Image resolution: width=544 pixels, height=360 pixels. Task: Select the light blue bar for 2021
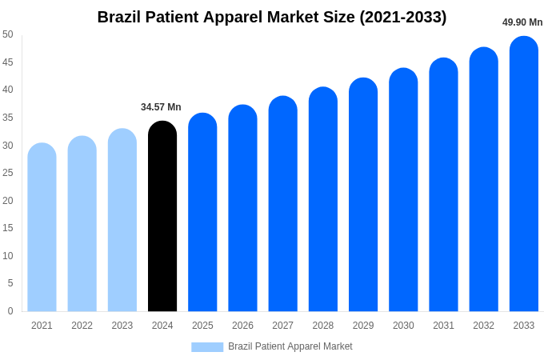pos(42,227)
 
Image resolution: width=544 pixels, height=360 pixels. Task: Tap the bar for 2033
pos(524,174)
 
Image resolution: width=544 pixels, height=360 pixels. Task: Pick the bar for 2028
pos(323,199)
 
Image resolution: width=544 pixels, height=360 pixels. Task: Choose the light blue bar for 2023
pos(122,220)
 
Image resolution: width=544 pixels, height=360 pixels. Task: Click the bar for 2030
pos(403,190)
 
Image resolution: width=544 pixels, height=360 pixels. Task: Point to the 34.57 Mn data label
pos(161,107)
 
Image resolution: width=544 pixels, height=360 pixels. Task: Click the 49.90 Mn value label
pos(522,22)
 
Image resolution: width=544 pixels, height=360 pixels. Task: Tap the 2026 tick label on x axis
pos(242,326)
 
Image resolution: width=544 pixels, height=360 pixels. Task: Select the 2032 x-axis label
pos(483,326)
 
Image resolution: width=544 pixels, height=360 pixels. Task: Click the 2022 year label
pos(82,326)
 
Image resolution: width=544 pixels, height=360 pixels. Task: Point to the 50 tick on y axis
pos(8,34)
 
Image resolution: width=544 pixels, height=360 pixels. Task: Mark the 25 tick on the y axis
pos(8,173)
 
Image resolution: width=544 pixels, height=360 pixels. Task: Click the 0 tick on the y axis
pos(10,311)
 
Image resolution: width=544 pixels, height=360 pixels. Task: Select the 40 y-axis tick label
pos(8,90)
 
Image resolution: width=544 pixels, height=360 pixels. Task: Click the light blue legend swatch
pos(207,347)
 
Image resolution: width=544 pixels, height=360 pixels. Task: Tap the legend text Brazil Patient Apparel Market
pos(290,346)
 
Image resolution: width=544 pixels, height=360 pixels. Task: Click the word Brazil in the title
pos(121,17)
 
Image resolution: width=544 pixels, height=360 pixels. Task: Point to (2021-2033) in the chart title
pos(402,17)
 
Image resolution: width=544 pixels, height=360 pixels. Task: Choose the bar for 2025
pos(202,212)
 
